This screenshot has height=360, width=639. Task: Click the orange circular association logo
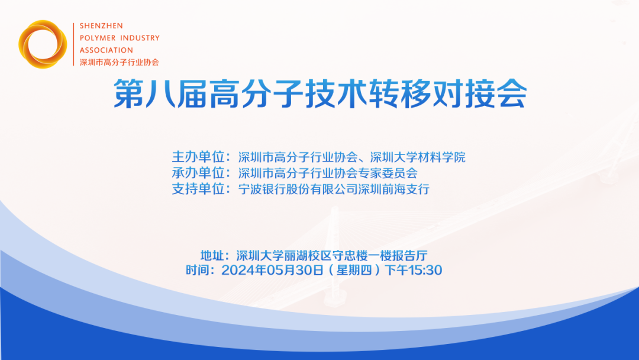tap(43, 44)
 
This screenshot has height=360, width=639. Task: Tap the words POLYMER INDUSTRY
tap(120, 38)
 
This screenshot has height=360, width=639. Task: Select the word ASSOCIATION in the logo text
tap(106, 50)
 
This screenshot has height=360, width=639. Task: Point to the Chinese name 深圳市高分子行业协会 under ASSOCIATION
tap(119, 62)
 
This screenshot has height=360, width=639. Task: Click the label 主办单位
tap(200, 157)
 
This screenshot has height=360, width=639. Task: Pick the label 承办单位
tap(200, 173)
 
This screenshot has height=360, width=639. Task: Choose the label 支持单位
tap(200, 189)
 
